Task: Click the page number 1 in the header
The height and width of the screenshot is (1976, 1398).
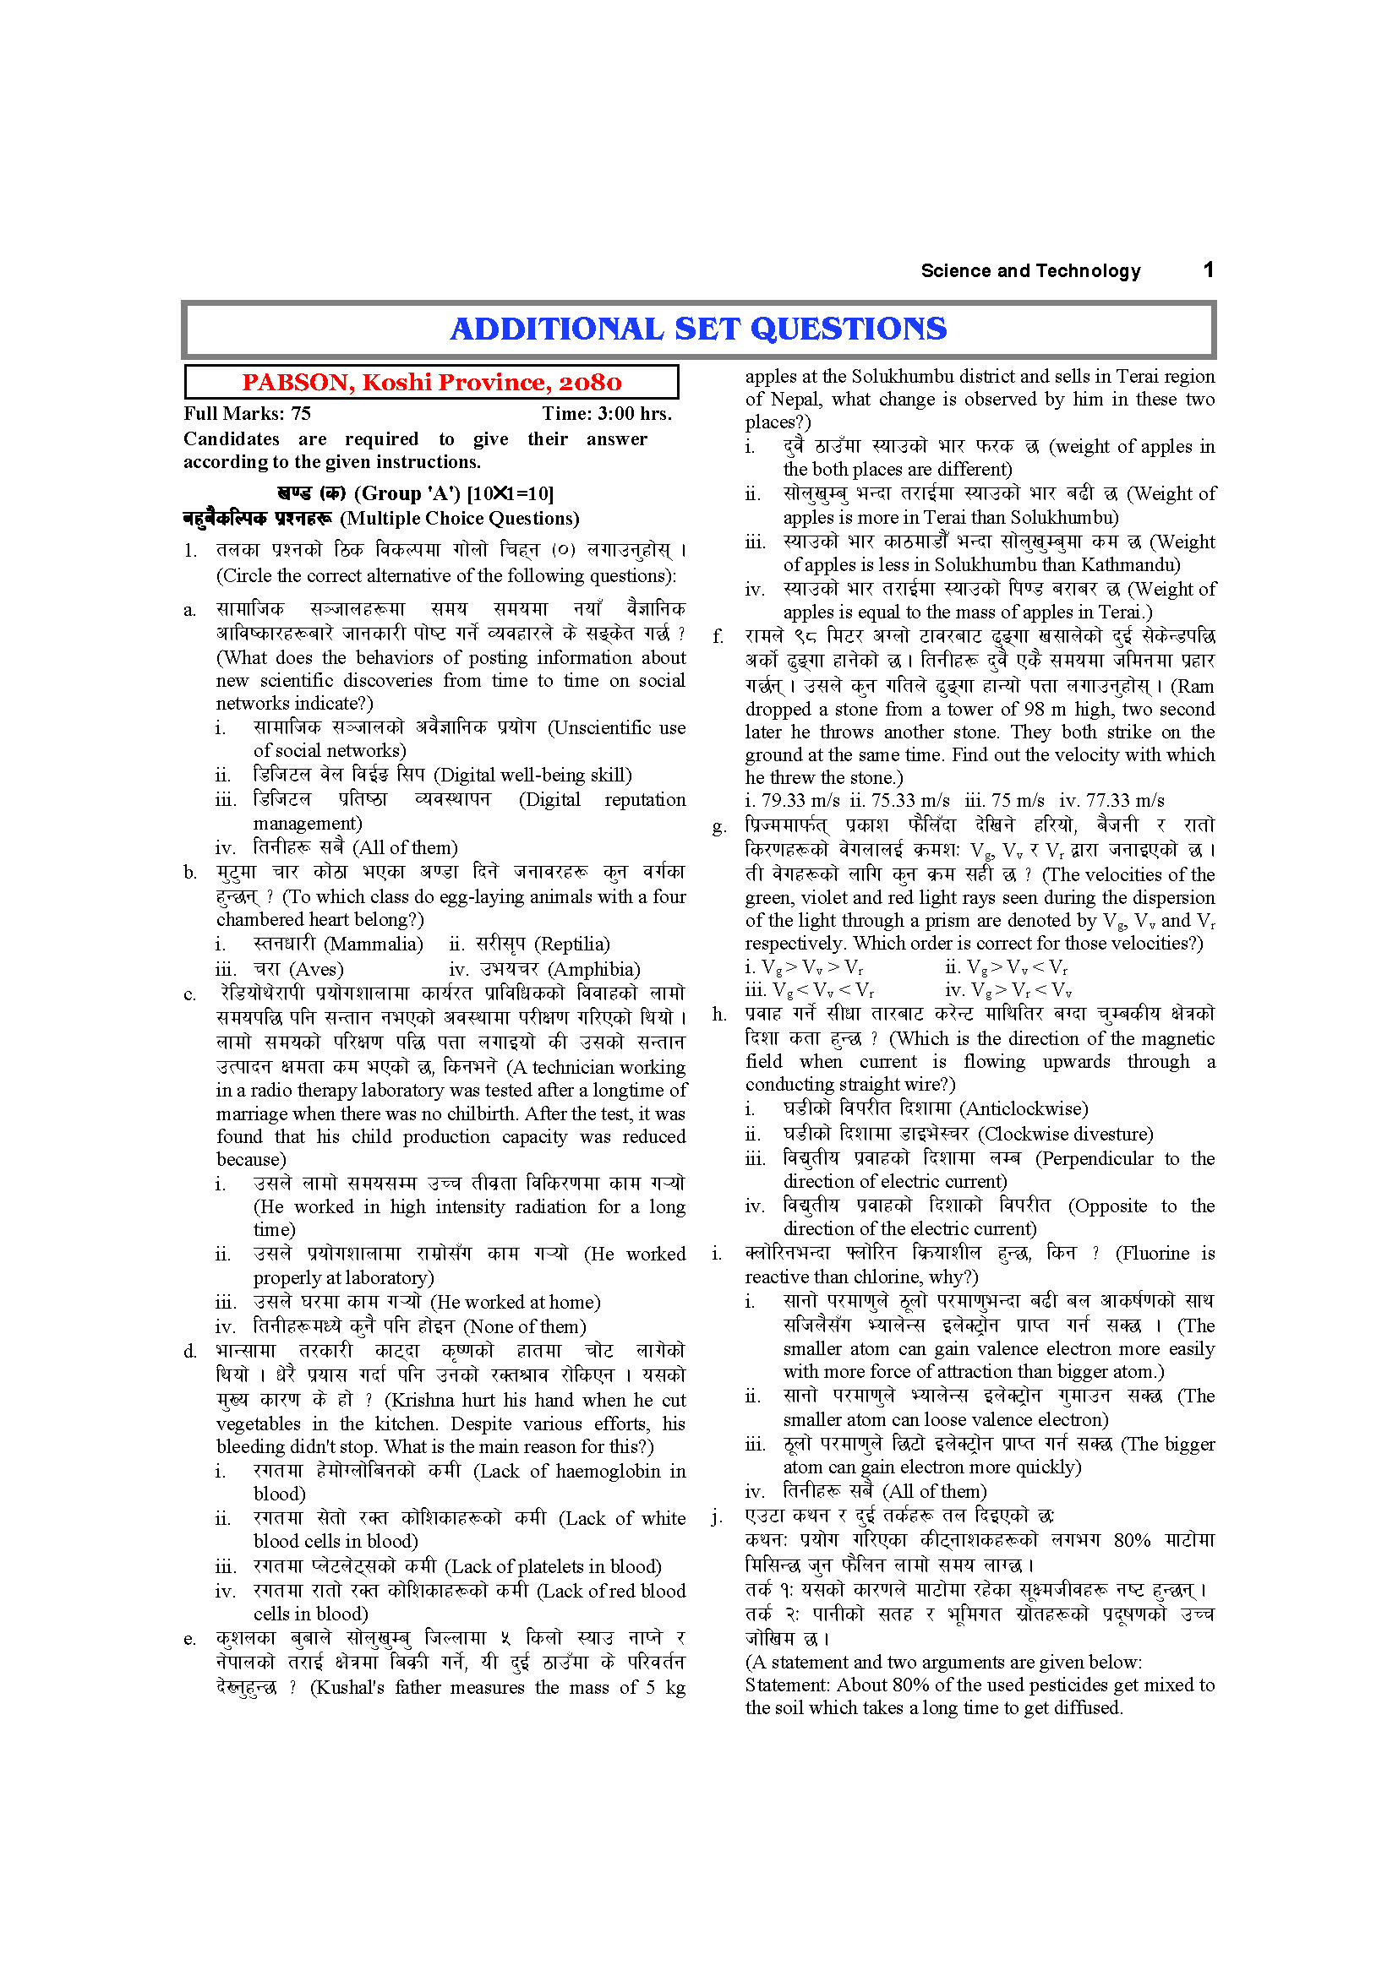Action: point(1208,270)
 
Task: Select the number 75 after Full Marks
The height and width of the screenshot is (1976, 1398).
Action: point(300,414)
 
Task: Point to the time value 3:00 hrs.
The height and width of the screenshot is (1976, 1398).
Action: point(636,414)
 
